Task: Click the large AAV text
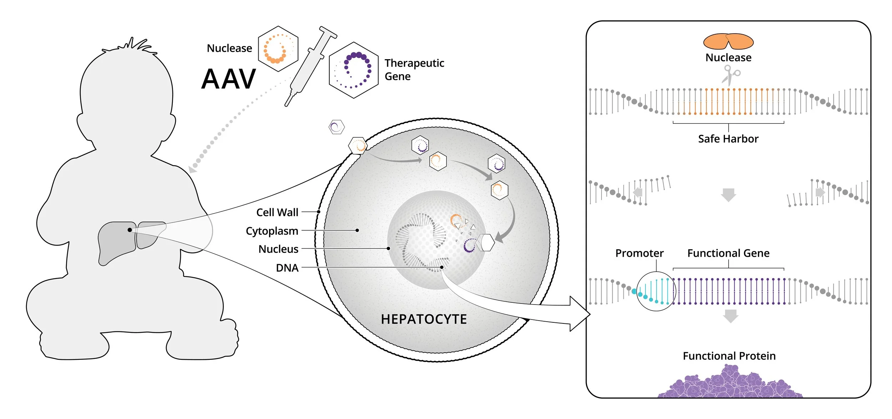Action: point(229,79)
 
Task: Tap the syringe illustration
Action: point(310,66)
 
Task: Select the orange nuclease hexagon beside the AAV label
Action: point(278,49)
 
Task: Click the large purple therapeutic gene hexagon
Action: point(354,70)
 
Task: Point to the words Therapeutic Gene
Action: point(414,70)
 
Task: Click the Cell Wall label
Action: point(277,213)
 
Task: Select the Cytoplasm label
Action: point(272,231)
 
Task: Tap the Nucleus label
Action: point(278,249)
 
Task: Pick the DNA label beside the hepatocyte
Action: point(287,268)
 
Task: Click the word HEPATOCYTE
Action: point(424,319)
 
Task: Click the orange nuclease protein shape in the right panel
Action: point(728,41)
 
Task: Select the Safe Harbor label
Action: point(728,139)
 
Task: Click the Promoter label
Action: point(639,253)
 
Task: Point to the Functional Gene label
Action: point(728,253)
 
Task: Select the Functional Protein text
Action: point(729,356)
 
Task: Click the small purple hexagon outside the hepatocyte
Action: point(336,127)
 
